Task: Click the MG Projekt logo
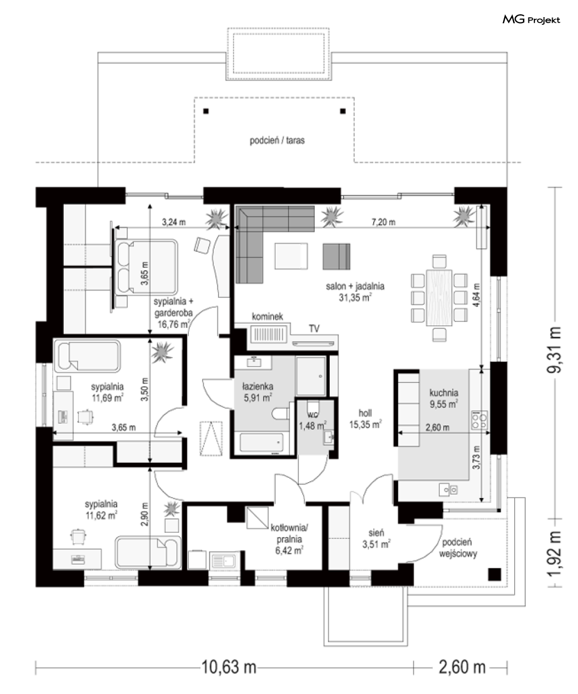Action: (531, 20)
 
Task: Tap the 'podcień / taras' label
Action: (277, 140)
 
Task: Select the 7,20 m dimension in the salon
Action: (383, 222)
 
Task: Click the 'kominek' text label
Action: (268, 316)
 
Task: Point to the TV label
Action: (314, 329)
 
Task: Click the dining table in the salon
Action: (439, 298)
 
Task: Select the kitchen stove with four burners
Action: (479, 420)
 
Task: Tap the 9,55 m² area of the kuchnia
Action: (444, 404)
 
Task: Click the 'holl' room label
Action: (365, 413)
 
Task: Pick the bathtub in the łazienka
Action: (261, 442)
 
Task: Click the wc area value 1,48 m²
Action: (313, 426)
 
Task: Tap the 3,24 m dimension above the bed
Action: (173, 222)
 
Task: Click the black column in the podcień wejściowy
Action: (494, 575)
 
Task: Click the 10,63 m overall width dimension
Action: (229, 667)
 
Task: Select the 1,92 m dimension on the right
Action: (554, 554)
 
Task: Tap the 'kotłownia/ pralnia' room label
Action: (289, 533)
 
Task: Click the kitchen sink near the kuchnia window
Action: (448, 490)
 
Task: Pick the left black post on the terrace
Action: (206, 111)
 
